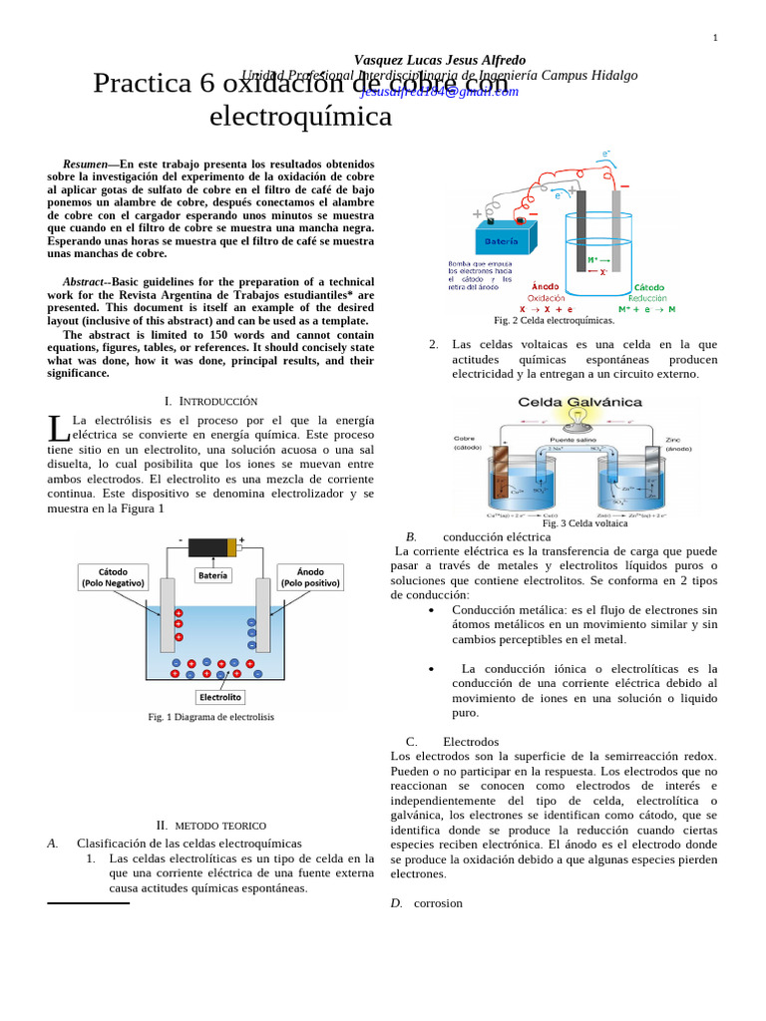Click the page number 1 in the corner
714,38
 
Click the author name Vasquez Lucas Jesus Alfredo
439,60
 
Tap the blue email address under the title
439,91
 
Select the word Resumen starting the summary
85,164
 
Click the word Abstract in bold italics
82,282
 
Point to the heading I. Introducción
210,401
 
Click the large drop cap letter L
59,429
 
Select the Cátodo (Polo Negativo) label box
113,577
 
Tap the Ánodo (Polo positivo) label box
310,577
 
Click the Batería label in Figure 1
212,574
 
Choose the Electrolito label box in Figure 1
220,698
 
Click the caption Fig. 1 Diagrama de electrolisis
210,717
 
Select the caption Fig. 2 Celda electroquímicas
554,320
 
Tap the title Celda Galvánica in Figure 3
579,402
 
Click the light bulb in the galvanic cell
576,414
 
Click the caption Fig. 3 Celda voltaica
584,523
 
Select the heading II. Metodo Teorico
210,826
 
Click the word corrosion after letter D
438,903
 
